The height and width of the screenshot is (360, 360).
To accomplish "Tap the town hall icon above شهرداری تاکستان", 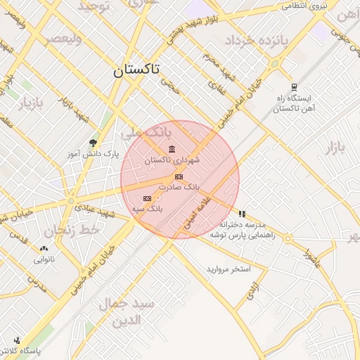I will pyautogui.click(x=172, y=148).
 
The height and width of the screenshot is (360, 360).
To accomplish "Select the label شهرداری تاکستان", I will pyautogui.click(x=172, y=160).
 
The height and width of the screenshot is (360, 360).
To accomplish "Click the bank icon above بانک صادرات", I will pyautogui.click(x=179, y=176).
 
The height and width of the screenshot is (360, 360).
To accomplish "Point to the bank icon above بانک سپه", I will pyautogui.click(x=147, y=199).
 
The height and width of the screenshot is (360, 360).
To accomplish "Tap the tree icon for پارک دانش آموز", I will pyautogui.click(x=93, y=143).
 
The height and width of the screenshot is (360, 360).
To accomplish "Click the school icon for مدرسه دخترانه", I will pyautogui.click(x=242, y=213).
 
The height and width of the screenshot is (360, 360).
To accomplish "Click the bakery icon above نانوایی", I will pyautogui.click(x=45, y=248).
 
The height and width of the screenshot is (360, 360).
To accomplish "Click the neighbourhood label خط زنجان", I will pyautogui.click(x=70, y=230).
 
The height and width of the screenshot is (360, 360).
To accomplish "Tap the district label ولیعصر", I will pyautogui.click(x=63, y=39).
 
